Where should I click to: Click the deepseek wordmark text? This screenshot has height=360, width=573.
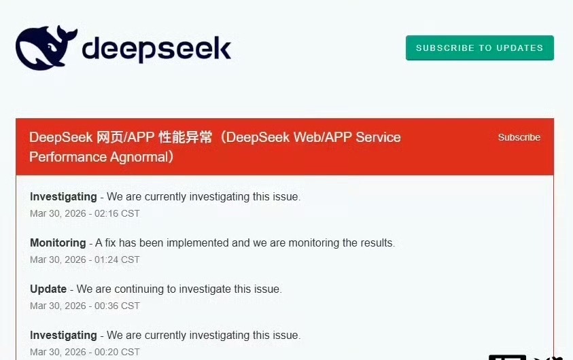pyautogui.click(x=156, y=49)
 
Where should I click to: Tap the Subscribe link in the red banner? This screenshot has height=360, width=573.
pyautogui.click(x=519, y=137)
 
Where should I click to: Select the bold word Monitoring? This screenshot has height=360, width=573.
pyautogui.click(x=58, y=242)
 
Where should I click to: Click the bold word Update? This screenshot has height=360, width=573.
pyautogui.click(x=48, y=289)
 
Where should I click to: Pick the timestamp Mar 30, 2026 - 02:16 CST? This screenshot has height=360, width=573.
pyautogui.click(x=85, y=213)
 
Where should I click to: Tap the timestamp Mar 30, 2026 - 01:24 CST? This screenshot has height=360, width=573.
pyautogui.click(x=85, y=259)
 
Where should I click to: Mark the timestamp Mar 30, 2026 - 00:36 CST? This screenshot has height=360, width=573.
pyautogui.click(x=85, y=306)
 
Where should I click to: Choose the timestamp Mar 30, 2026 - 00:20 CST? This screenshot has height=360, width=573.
pyautogui.click(x=85, y=352)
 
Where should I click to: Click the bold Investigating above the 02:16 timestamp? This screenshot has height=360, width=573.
pyautogui.click(x=63, y=196)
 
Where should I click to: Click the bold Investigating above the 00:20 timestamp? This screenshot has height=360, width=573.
pyautogui.click(x=63, y=335)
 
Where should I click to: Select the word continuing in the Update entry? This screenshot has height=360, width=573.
pyautogui.click(x=146, y=289)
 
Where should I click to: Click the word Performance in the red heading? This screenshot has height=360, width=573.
pyautogui.click(x=62, y=157)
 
